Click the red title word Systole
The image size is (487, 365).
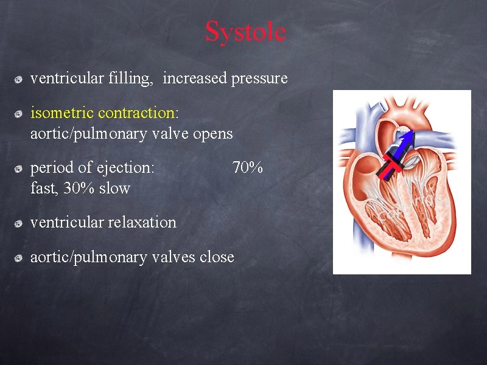245,32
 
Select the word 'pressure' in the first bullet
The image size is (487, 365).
259,78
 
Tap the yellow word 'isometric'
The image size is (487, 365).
62,113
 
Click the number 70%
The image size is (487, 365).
248,167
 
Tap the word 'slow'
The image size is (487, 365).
114,188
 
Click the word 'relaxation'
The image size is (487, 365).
142,222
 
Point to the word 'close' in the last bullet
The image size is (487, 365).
217,257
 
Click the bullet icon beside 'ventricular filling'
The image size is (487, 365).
19,79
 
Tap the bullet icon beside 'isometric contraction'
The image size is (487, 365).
19,113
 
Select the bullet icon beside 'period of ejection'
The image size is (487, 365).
19,168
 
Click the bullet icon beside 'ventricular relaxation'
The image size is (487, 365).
19,223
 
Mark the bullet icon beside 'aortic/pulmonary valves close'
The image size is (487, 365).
19,258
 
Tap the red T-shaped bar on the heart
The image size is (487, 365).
393,164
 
